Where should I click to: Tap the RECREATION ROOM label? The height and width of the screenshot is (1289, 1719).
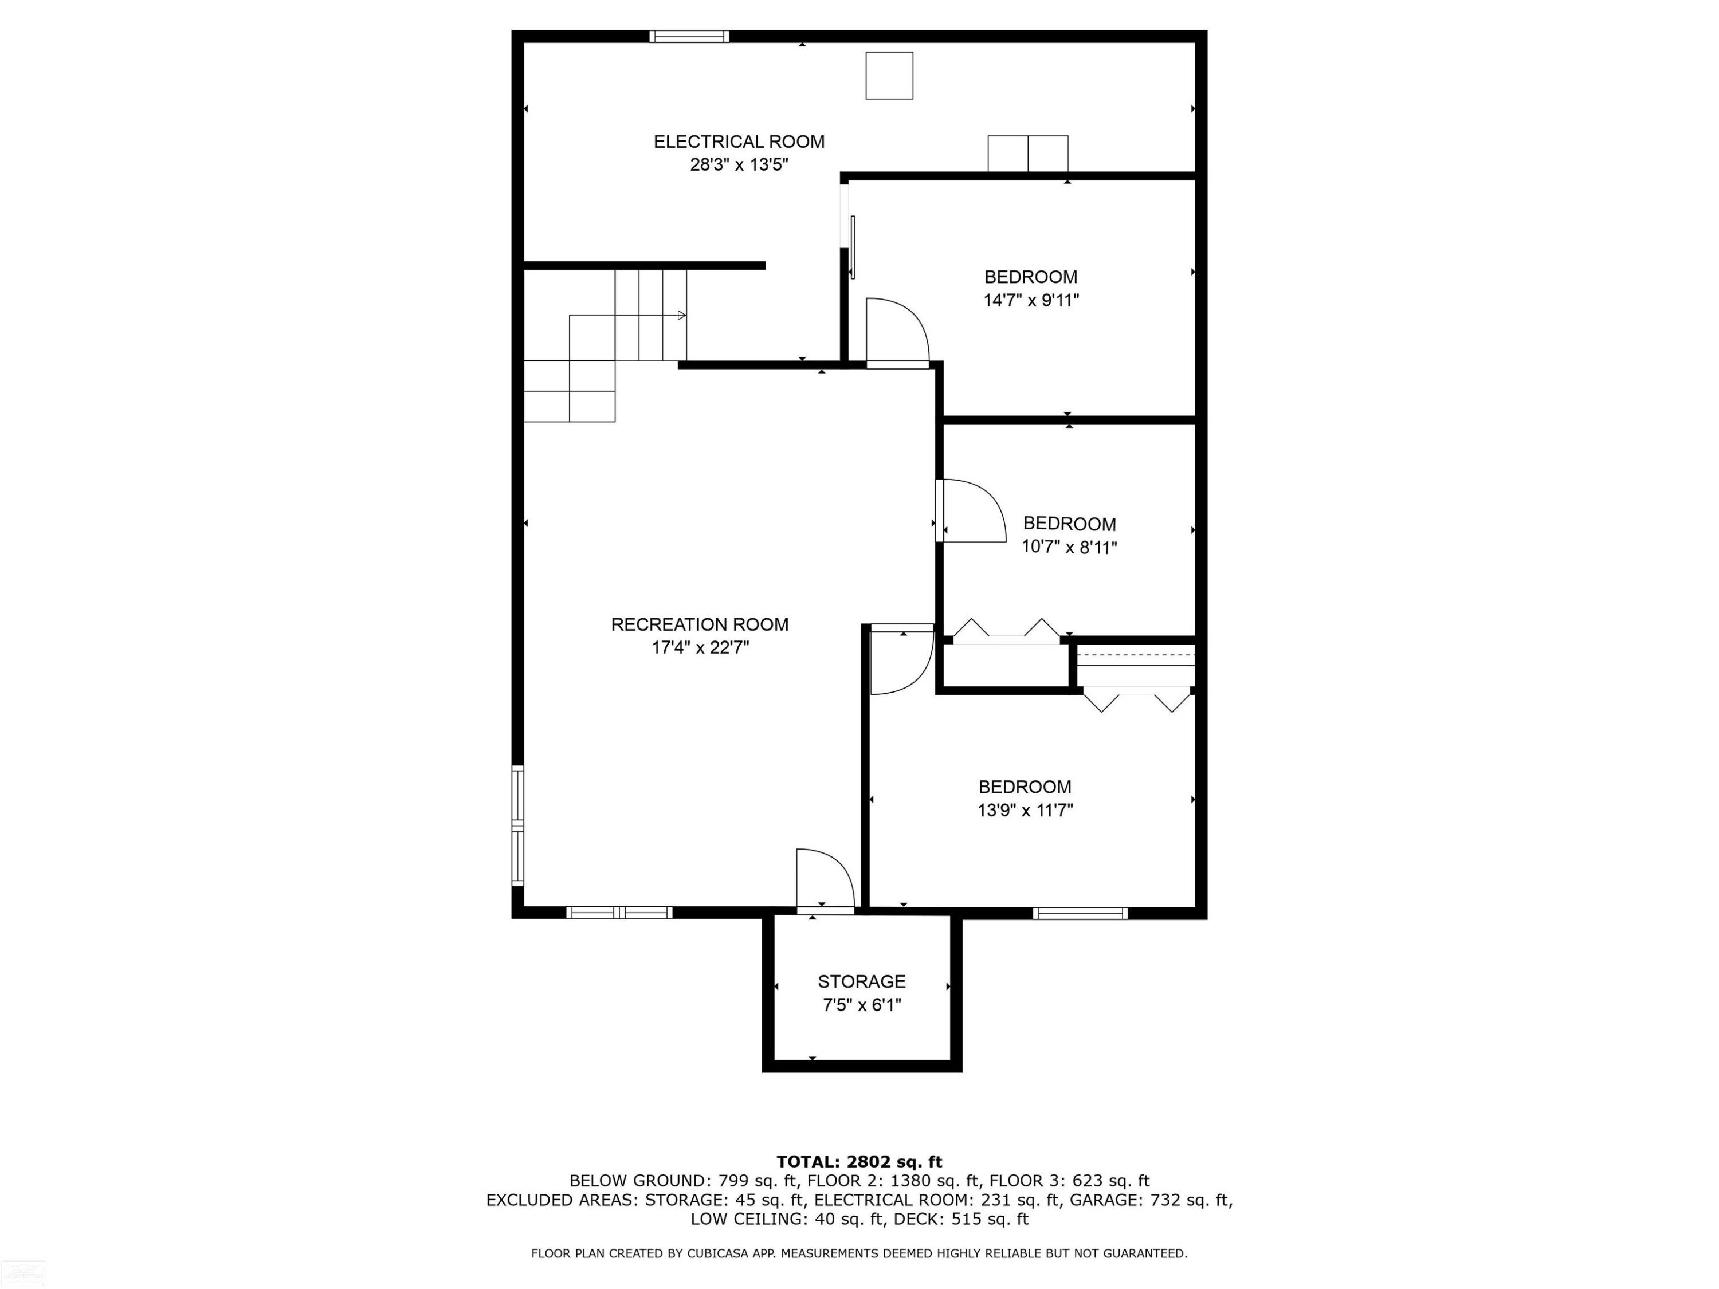click(700, 624)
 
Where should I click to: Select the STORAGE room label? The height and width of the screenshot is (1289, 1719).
click(861, 981)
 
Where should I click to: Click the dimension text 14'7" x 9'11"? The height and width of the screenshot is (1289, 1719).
click(1031, 301)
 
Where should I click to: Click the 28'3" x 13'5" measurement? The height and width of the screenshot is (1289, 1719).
click(739, 165)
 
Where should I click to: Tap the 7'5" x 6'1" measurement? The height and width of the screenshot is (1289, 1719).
click(862, 1005)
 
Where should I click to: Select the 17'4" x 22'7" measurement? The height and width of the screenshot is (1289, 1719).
click(700, 648)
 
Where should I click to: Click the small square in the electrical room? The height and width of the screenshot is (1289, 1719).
click(889, 76)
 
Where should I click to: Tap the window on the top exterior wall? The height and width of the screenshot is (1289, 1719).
click(689, 36)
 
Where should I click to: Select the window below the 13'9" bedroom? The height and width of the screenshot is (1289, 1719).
click(1080, 914)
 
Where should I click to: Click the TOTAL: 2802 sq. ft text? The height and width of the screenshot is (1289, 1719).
click(859, 1162)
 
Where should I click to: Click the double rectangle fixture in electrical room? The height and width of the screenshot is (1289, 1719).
click(1027, 154)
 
